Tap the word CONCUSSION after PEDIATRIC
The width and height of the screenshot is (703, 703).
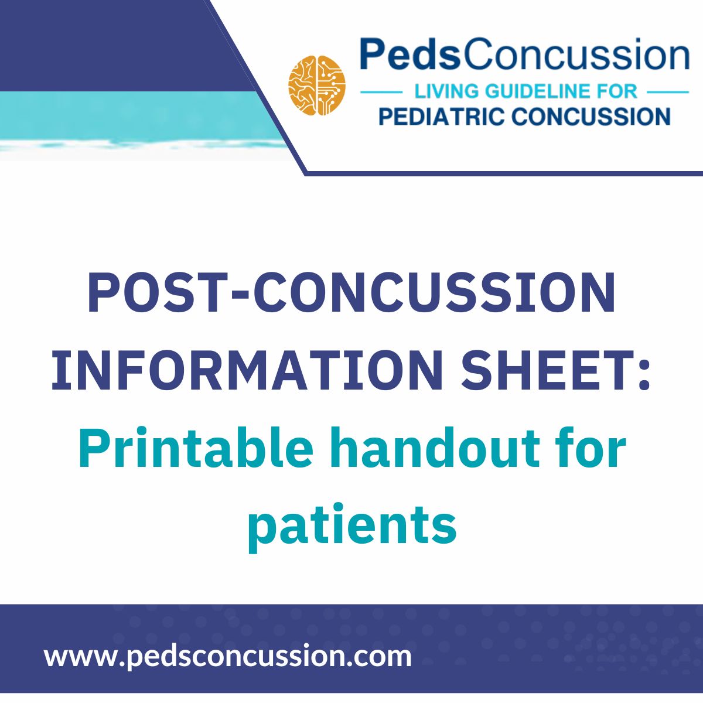click(591, 115)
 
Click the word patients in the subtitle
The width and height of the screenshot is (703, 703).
click(351, 524)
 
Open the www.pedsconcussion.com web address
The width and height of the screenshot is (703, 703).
click(228, 656)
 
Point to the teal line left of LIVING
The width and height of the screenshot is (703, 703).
click(381, 92)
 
